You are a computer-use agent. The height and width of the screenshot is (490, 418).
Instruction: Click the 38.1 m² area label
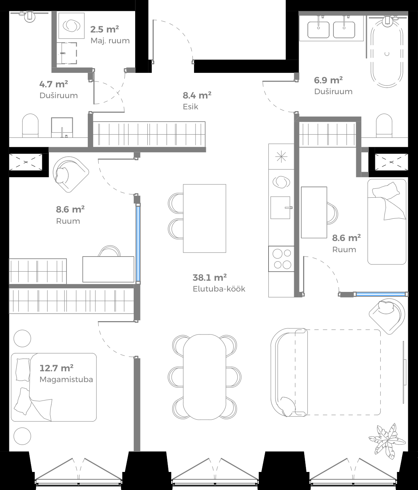click(x=210, y=277)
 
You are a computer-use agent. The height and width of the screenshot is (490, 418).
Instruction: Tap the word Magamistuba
click(x=66, y=380)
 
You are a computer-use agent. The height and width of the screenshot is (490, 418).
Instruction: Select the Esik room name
click(x=190, y=107)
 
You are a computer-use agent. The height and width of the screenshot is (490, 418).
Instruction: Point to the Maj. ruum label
click(x=110, y=41)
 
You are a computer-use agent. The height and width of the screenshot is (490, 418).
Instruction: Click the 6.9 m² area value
click(x=328, y=80)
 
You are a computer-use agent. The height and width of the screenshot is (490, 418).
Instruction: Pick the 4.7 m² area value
click(x=53, y=84)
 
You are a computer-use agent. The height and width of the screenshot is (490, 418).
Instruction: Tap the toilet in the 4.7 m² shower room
click(x=30, y=125)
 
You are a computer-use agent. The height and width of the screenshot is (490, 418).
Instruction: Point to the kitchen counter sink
click(x=281, y=207)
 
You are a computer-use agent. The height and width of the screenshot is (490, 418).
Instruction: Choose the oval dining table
click(x=204, y=377)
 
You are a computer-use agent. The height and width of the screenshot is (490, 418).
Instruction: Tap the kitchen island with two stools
click(x=204, y=218)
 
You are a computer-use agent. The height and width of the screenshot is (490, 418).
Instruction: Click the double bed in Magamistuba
click(x=54, y=387)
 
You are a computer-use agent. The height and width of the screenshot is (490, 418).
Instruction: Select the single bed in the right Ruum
click(x=387, y=222)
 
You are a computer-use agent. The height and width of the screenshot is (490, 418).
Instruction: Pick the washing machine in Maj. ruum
click(x=72, y=26)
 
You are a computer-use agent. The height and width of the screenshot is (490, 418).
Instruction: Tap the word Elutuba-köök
click(x=219, y=289)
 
